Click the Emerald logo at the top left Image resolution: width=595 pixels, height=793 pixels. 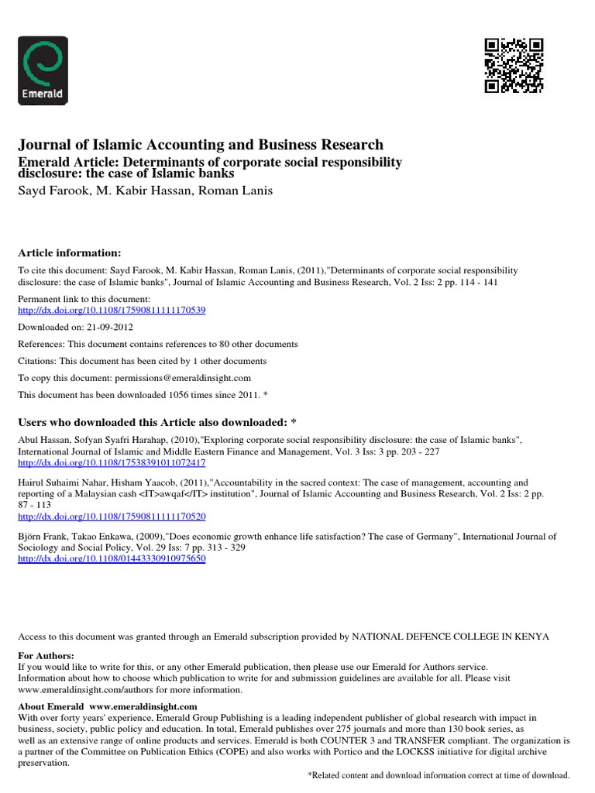click(43, 70)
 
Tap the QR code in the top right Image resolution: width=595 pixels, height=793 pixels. click(514, 65)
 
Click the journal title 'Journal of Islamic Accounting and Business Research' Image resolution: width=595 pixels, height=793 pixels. click(201, 145)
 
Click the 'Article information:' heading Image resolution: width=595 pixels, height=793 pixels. click(70, 253)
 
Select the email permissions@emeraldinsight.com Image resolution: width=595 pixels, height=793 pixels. click(183, 378)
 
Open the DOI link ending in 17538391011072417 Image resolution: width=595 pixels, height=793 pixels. click(112, 463)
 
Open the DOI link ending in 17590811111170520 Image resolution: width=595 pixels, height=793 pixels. click(112, 516)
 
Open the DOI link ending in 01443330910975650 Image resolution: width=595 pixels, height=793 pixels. click(112, 558)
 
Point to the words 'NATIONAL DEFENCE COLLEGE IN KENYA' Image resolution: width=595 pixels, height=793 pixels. click(451, 637)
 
